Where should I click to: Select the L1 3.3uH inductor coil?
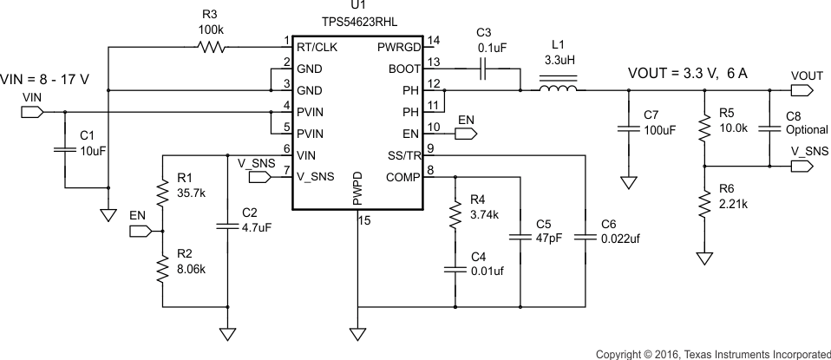pos(559,88)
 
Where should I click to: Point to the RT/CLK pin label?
pos(316,47)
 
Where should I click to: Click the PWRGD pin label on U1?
pos(398,47)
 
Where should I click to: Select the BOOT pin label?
pos(403,69)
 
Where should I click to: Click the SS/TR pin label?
pos(402,155)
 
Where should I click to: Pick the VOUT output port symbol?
pos(806,90)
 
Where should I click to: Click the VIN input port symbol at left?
pos(31,111)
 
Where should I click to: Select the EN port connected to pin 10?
pos(466,134)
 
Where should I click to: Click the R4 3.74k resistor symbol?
pos(454,213)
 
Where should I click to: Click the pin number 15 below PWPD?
pos(365,221)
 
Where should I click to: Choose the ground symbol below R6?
pos(703,257)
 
